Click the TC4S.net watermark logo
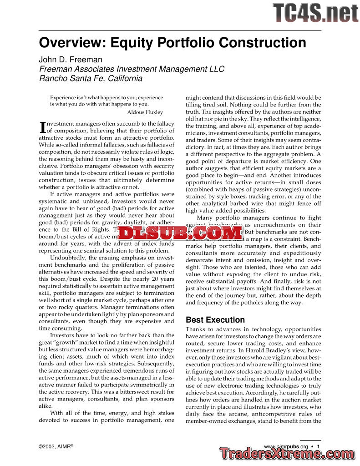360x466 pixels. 315,13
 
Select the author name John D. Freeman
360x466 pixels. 71,60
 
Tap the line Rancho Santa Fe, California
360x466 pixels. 91,78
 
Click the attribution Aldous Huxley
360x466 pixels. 145,112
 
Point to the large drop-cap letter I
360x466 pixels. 43,127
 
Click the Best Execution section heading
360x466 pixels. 215,319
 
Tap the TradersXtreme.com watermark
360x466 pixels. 287,454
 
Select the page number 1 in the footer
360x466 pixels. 319,446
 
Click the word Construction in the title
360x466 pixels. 263,43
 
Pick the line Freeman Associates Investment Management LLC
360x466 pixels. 132,69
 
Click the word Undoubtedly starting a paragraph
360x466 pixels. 69,258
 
